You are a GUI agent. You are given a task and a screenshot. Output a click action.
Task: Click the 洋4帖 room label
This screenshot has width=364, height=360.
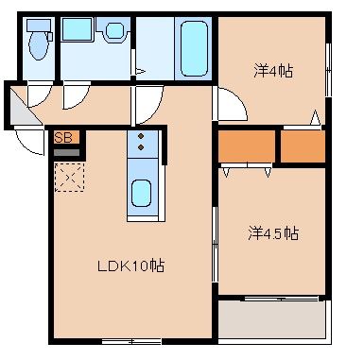[273, 72]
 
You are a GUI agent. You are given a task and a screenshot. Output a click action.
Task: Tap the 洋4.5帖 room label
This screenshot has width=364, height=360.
[273, 233]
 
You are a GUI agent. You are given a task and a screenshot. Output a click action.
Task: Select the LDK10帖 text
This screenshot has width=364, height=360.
[130, 266]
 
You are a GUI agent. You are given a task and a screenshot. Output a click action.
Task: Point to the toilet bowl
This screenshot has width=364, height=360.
[38, 46]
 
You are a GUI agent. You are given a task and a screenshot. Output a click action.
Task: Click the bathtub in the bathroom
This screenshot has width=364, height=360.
[194, 48]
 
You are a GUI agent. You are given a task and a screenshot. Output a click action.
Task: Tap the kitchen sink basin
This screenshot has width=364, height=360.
[141, 194]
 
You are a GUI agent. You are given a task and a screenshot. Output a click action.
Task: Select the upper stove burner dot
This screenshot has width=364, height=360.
[141, 136]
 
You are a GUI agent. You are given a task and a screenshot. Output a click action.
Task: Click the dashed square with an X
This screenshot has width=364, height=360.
[69, 178]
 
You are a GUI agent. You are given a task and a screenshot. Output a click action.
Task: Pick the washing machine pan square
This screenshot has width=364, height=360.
[78, 29]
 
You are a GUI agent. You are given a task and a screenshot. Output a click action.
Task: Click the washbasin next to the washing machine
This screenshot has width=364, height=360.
[115, 31]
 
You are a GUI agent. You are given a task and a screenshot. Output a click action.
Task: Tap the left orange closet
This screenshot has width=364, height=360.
[247, 146]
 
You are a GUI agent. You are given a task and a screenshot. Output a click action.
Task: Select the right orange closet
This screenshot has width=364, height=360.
[303, 146]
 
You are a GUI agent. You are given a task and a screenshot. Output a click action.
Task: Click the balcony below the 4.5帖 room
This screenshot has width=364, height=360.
[271, 319]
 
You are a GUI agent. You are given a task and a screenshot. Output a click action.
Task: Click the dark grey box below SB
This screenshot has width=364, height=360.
[66, 152]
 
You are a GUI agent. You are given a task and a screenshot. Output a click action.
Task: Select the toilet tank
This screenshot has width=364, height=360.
[39, 25]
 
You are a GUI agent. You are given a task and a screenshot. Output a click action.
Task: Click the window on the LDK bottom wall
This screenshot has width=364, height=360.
[131, 341]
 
